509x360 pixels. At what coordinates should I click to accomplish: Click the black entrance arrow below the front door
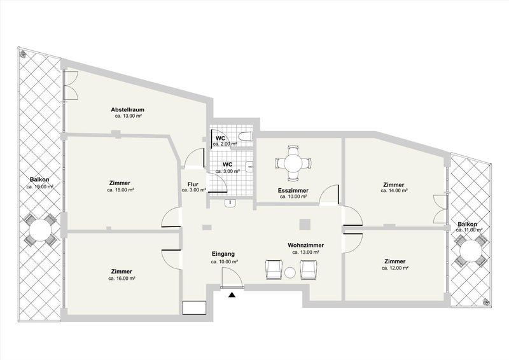232,294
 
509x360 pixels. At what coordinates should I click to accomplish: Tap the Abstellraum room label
128,110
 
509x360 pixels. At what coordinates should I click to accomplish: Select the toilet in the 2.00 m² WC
246,136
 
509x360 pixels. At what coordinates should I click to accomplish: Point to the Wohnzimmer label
306,246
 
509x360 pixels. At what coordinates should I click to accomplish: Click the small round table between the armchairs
290,273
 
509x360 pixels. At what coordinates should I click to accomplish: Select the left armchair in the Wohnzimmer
274,270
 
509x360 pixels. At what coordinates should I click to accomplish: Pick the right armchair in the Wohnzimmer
308,270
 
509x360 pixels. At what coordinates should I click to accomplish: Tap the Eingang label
223,254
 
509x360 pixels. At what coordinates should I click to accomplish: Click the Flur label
193,184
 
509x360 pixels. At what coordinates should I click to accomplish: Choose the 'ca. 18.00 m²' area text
121,190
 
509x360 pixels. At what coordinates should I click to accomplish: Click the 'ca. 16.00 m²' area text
122,279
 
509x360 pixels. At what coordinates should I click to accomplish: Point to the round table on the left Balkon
40,230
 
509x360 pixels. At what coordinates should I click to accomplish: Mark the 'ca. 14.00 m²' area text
394,191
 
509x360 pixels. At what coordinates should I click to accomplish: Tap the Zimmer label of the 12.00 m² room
394,261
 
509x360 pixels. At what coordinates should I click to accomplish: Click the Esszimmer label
293,191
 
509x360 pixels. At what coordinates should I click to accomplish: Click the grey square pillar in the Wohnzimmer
305,224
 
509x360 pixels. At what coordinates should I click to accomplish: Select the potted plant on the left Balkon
23,53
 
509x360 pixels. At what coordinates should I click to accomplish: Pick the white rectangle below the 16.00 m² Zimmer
195,308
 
